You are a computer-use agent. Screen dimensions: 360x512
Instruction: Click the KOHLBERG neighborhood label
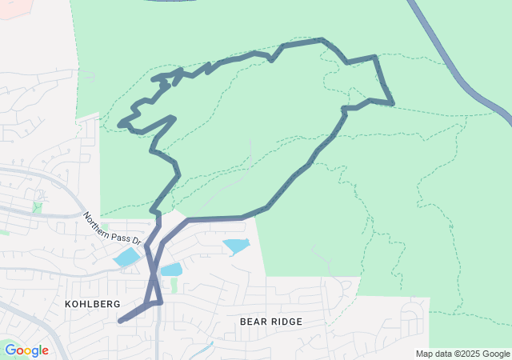94,304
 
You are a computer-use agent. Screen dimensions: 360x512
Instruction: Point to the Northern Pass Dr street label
112,228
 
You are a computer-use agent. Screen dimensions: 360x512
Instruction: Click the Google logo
26,350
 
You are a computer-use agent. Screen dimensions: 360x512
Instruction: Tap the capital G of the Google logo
11,350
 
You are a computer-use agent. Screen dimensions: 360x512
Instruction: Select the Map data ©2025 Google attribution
462,354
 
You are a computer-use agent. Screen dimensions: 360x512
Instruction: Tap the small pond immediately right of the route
172,270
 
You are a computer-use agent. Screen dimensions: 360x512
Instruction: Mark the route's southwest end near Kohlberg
121,321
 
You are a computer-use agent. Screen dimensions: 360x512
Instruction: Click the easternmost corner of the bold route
392,103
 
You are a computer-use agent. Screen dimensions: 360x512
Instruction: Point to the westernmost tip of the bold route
120,124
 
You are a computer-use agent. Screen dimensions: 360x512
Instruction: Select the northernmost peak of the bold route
322,39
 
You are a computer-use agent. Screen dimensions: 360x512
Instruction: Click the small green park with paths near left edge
37,206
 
